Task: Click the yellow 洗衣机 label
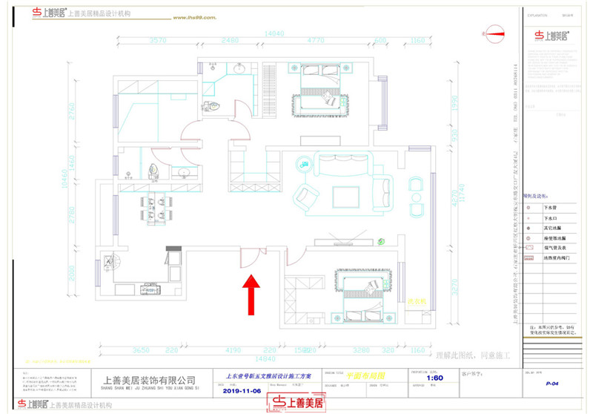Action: coord(419,302)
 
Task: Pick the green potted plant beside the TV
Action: coord(380,241)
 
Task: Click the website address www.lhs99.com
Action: coord(198,16)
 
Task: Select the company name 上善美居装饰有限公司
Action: coord(148,380)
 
